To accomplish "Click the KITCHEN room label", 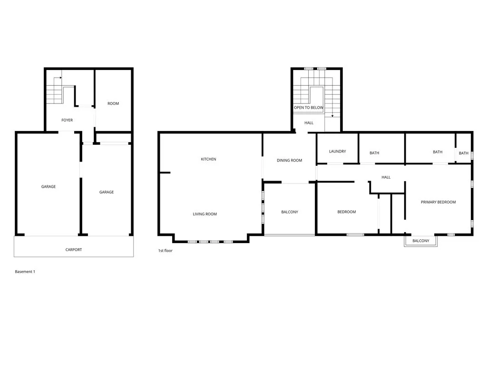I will [208, 159].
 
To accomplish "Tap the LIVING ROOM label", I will [205, 214].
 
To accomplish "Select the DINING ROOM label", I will [289, 161].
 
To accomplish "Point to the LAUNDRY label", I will [337, 152].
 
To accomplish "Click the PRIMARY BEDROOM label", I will [438, 202].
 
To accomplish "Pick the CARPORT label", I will [74, 250].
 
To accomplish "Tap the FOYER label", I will [67, 120].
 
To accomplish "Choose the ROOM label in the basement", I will [113, 103].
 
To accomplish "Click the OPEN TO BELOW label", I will [308, 108].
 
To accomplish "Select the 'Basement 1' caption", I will [25, 272].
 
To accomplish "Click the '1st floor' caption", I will [166, 251].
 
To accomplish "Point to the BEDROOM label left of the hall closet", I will [347, 212].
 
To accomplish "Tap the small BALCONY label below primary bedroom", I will [420, 241].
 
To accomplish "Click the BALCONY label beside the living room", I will [290, 212].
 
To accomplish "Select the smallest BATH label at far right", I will [463, 153].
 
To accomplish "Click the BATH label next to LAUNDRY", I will [374, 153].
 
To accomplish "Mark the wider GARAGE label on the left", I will [49, 187].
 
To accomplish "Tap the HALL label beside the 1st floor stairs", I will [309, 123].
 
